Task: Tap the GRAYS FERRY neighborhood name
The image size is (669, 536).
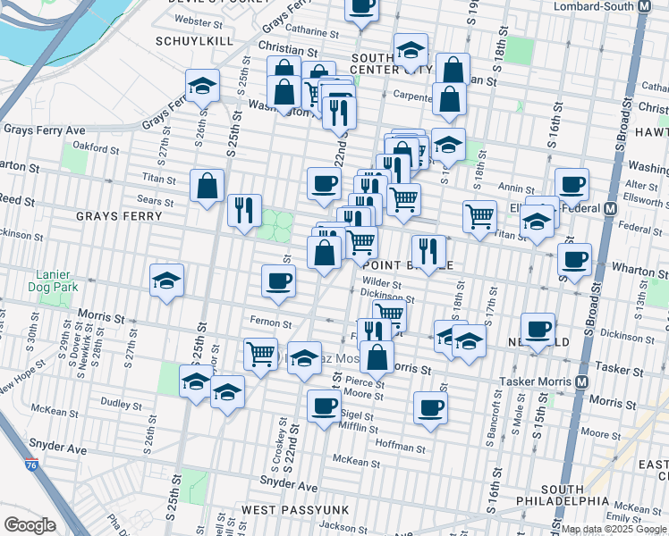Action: [x=119, y=216]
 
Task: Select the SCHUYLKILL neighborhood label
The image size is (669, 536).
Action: [x=194, y=41]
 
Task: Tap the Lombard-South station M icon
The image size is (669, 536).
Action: [x=642, y=6]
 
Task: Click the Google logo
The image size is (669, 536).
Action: [x=30, y=525]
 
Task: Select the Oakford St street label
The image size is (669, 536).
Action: [x=96, y=147]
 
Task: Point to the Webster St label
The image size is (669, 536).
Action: [x=199, y=20]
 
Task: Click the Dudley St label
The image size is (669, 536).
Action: [x=116, y=403]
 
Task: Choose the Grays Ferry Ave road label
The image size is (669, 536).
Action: [x=44, y=130]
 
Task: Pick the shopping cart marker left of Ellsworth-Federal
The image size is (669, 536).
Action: [x=480, y=215]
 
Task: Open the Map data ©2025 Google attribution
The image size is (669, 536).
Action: [x=614, y=528]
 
